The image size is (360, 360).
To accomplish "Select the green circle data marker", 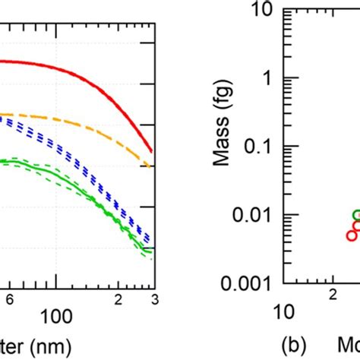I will [x=358, y=215].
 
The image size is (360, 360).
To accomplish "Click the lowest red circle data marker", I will [x=352, y=235].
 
